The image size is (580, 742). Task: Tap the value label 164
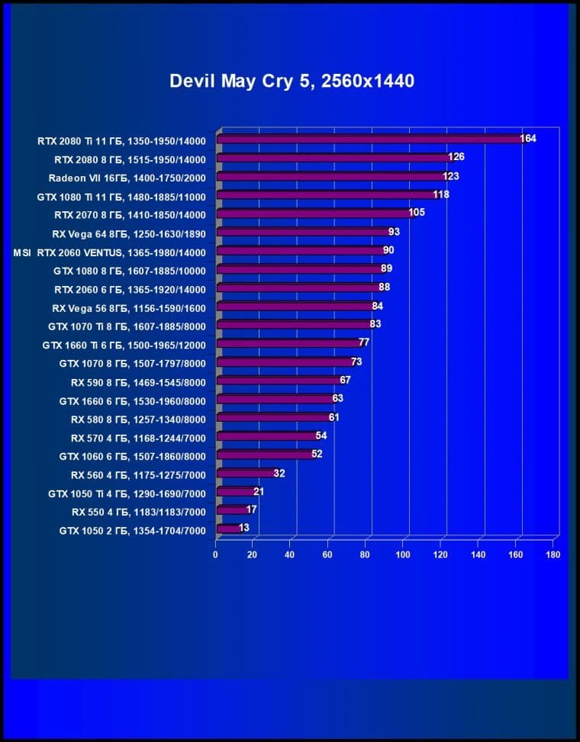pos(528,138)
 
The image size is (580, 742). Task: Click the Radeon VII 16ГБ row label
pos(127,178)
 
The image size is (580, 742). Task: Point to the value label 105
pos(416,213)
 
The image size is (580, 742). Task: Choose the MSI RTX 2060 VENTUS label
pos(110,252)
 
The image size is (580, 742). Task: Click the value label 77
pos(364,343)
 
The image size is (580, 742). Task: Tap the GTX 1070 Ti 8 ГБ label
pos(127,326)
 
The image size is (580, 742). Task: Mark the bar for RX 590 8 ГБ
pos(279,381)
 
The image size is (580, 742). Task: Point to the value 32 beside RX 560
pos(279,474)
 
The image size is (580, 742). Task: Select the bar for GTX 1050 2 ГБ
pos(228,528)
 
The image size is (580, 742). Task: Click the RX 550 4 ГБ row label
pos(138,512)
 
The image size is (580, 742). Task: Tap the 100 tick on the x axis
pos(403,555)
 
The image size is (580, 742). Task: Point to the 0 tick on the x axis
pos(216,555)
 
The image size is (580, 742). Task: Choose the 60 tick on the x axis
pos(328,555)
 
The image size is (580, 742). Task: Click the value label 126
pos(456,157)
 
